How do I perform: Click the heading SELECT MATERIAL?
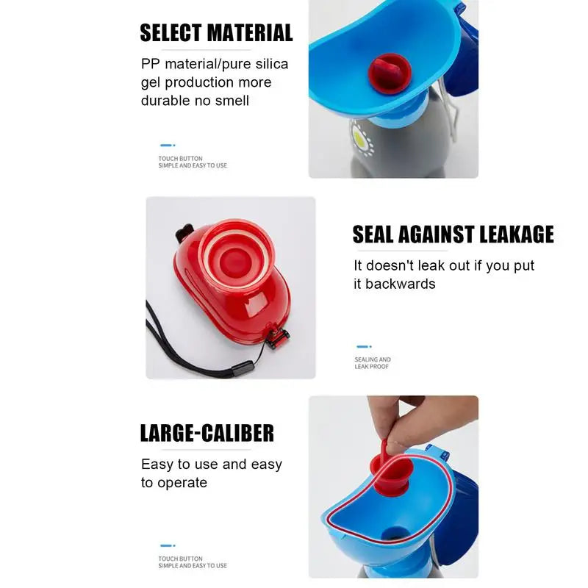[x=216, y=33]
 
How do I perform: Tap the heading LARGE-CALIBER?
[x=207, y=433]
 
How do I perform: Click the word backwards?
[x=404, y=284]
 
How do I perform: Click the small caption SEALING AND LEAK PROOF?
[x=372, y=363]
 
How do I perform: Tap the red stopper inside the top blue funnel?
[x=387, y=70]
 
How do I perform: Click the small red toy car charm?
[x=279, y=337]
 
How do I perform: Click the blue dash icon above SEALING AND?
[x=364, y=346]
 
